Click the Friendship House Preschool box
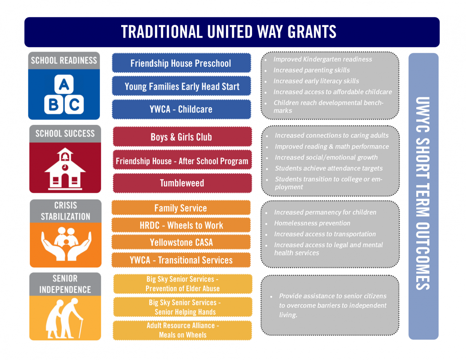click(x=181, y=63)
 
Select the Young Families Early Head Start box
click(x=181, y=86)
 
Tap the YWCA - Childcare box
click(x=181, y=109)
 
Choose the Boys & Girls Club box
click(x=182, y=137)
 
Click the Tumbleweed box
click(x=182, y=183)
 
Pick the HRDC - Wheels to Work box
click(x=181, y=225)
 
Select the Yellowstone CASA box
click(x=181, y=242)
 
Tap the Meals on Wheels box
click(x=182, y=330)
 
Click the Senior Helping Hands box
click(x=183, y=307)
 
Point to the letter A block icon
click(x=64, y=84)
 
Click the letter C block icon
click(x=74, y=104)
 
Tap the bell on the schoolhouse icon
click(x=65, y=157)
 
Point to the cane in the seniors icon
click(x=80, y=329)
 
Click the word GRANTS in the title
click(x=312, y=32)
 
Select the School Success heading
click(x=65, y=133)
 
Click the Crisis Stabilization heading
click(x=65, y=211)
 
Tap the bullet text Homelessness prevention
click(x=312, y=223)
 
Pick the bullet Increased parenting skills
click(x=311, y=70)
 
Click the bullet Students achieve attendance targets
click(x=329, y=168)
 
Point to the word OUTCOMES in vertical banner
click(x=423, y=256)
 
